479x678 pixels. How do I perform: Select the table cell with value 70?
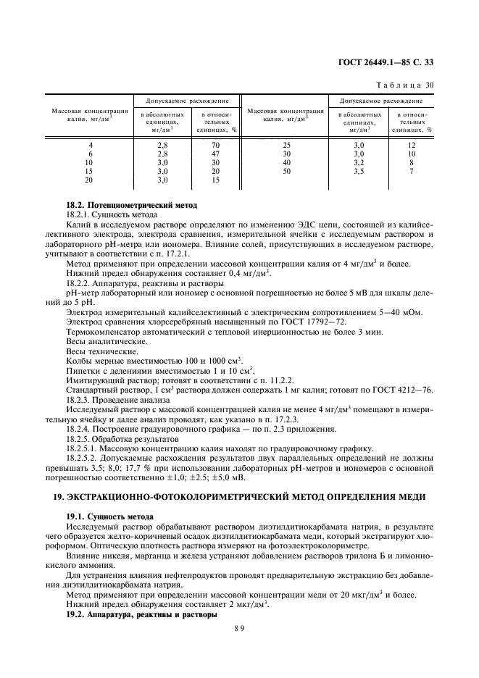point(215,146)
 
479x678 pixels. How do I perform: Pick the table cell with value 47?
point(215,154)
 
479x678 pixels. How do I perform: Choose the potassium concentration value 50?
point(286,172)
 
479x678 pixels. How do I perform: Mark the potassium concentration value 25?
point(286,146)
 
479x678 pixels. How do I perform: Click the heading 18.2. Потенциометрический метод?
point(128,206)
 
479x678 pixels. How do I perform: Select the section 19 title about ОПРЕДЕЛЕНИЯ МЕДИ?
point(239,498)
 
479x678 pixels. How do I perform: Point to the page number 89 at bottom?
point(239,630)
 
